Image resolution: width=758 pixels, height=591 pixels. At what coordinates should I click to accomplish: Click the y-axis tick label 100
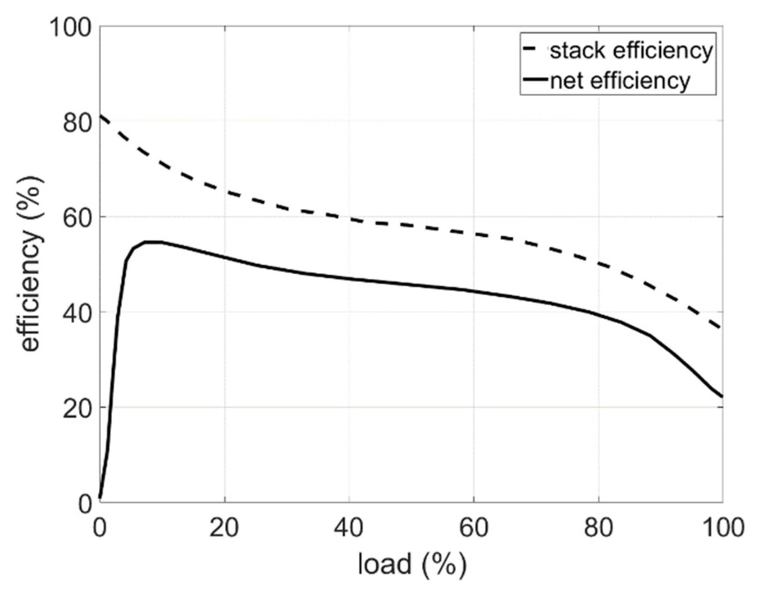(x=70, y=28)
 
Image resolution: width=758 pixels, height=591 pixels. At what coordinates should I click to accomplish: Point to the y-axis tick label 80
(x=77, y=123)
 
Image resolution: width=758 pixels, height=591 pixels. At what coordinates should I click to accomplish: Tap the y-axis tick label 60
(x=77, y=218)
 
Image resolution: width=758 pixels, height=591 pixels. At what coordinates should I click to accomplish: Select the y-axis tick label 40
(x=77, y=313)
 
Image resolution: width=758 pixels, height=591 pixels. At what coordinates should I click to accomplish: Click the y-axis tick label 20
(x=77, y=408)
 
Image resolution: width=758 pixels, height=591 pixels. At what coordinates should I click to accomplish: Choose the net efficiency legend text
(x=620, y=80)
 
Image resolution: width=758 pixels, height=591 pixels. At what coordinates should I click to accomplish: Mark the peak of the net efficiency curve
(x=152, y=242)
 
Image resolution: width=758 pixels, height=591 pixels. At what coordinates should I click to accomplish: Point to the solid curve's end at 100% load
(x=722, y=396)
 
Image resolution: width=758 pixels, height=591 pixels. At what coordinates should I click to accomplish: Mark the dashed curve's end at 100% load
(x=721, y=328)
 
